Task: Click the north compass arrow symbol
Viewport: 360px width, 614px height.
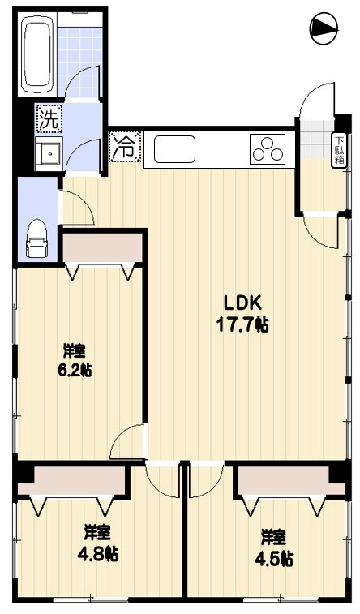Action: coord(324,28)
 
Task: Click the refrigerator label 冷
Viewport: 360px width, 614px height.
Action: coord(125,148)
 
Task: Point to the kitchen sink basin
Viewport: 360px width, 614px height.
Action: coord(174,149)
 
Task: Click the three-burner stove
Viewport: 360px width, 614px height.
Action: coord(268,149)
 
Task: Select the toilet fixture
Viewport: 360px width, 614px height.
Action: coord(36,238)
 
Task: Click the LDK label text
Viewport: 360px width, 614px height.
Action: coord(242,303)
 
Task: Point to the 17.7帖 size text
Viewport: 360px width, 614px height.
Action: coord(242,324)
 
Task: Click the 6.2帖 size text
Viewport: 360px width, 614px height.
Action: coord(75,369)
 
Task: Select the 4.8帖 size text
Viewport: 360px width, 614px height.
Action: coord(98,554)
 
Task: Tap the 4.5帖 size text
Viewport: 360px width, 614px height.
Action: coord(274,559)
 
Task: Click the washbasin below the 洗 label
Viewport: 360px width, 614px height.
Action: coord(48,154)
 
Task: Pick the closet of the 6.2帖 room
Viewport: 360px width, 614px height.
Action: coord(102,248)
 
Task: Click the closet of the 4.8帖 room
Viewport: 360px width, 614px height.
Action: coord(71,480)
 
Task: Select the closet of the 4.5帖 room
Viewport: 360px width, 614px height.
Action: coord(293,480)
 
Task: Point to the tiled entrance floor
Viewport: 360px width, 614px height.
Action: coord(316,137)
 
